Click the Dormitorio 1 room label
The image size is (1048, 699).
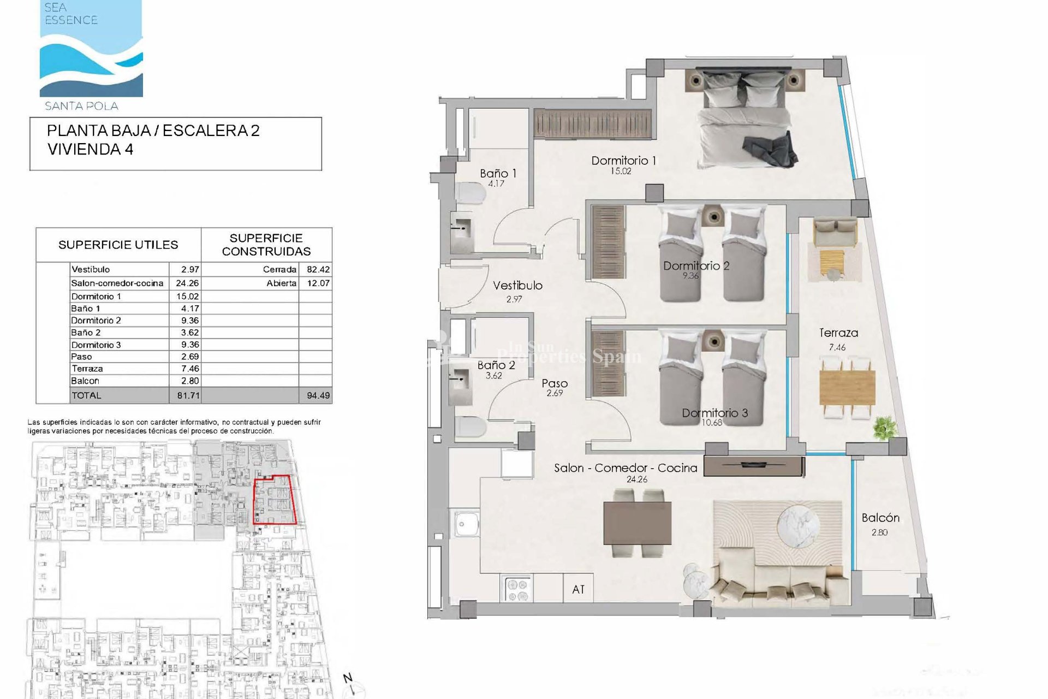coord(623,161)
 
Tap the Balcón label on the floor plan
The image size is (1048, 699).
coord(880,518)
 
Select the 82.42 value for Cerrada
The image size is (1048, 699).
coord(318,269)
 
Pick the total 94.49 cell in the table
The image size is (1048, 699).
coord(318,395)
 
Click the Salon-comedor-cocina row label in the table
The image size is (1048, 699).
coord(117,283)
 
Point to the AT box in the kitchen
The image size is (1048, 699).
coord(578,589)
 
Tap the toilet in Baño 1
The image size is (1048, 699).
coord(471,194)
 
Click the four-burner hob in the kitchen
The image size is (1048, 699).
coord(516,589)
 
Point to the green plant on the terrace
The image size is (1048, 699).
coord(884,427)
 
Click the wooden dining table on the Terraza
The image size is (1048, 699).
coord(848,387)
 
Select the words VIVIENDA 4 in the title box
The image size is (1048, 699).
coord(90,149)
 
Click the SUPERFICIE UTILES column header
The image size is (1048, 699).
coord(118,245)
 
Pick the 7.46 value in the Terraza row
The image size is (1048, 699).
coord(189,369)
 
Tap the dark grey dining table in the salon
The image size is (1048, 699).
coord(637,523)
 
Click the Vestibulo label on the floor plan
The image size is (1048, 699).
coord(517,285)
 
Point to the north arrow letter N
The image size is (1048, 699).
coord(348,679)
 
